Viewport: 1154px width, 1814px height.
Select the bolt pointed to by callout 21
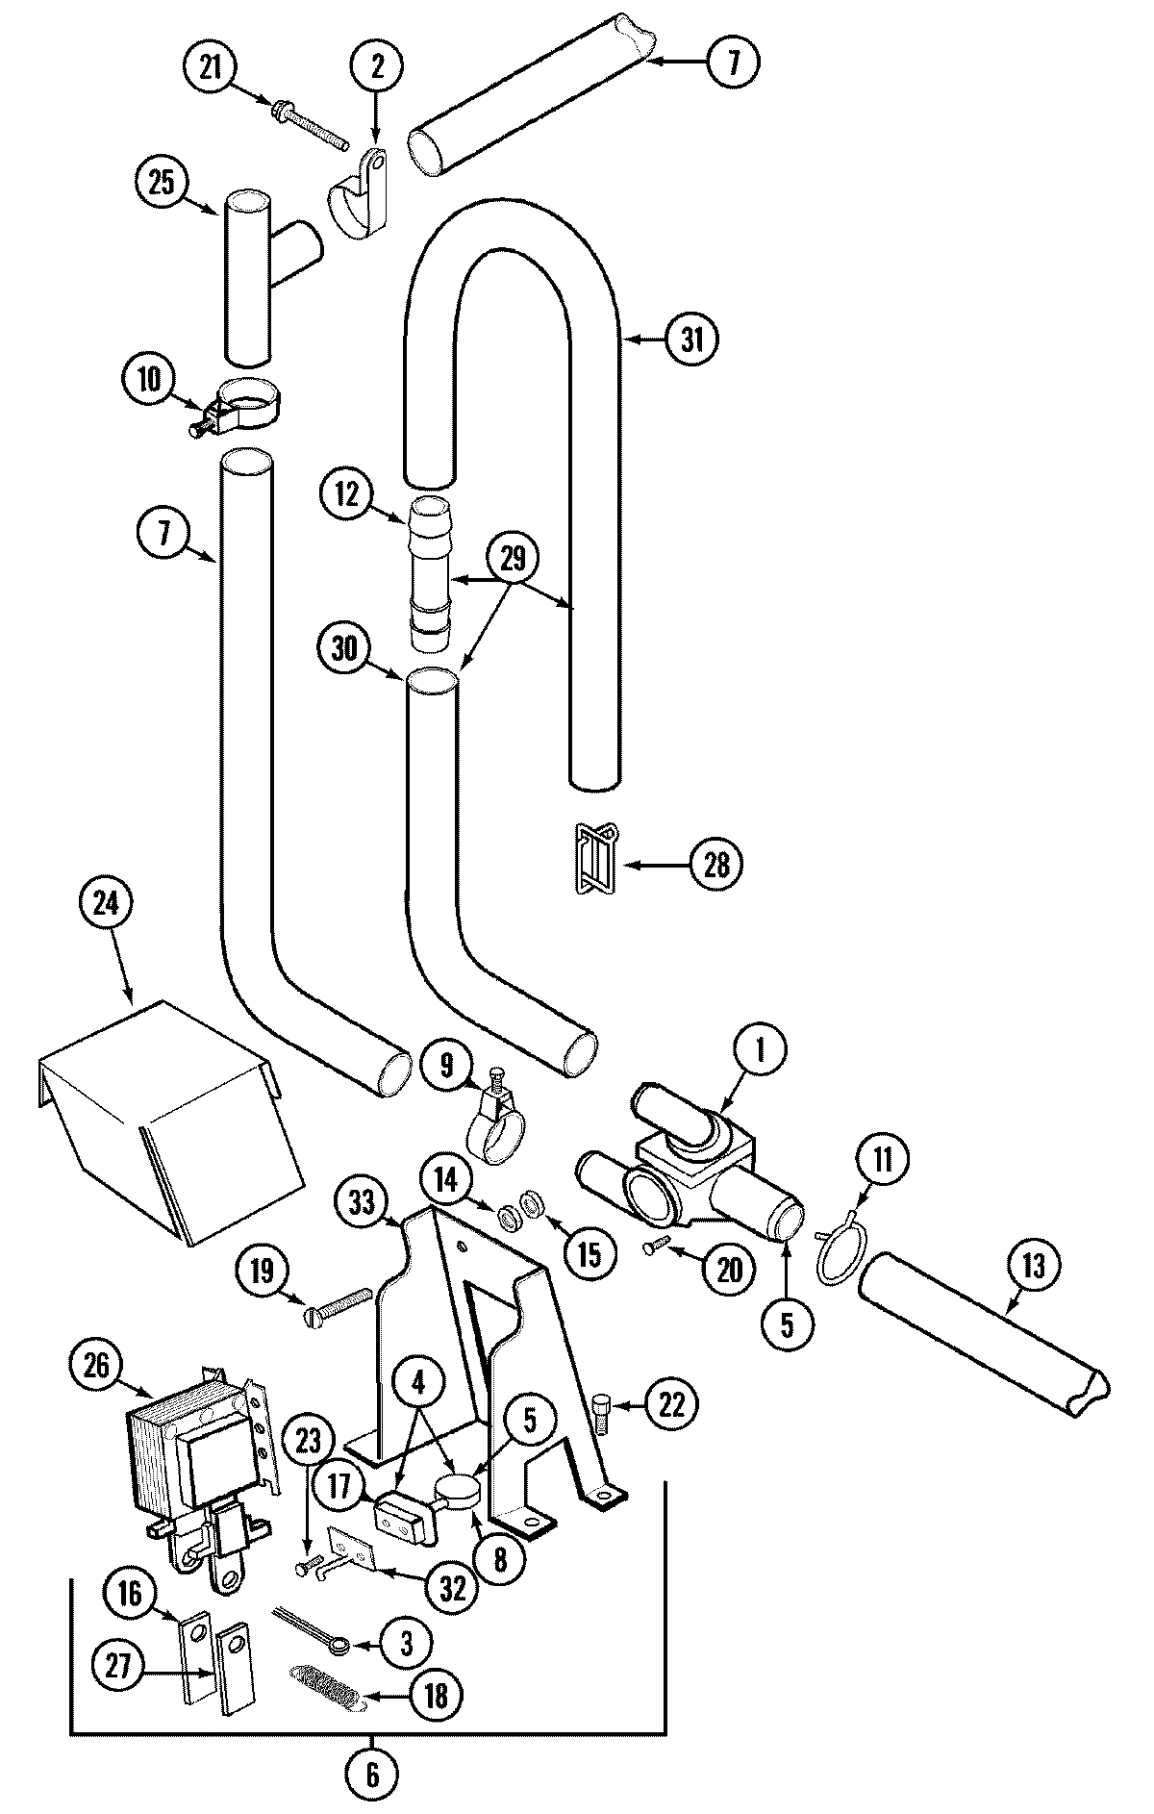(x=311, y=126)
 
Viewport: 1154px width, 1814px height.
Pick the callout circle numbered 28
(x=716, y=864)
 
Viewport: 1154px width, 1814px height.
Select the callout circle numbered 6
(x=372, y=1774)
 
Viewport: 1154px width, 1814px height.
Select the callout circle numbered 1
(x=760, y=1052)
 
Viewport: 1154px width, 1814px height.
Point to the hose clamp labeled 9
(x=491, y=1126)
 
